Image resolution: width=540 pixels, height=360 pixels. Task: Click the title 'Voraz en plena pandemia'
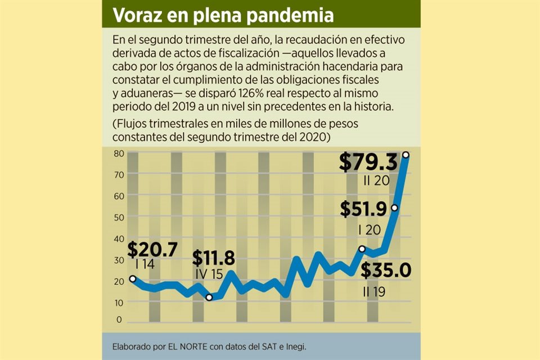pos(222,15)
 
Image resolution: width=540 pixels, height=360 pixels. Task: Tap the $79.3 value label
pos(368,163)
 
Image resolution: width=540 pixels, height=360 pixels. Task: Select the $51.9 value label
pos(363,210)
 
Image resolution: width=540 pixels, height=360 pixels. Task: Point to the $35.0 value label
pos(386,271)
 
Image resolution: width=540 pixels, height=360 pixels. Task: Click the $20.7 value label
pos(152,248)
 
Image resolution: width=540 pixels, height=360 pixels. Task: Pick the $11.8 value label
pos(213,258)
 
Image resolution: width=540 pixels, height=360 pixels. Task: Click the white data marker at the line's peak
pos(406,155)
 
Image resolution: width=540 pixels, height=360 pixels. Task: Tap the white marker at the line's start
pos(133,278)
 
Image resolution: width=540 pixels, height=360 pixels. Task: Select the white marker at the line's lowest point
pos(209,298)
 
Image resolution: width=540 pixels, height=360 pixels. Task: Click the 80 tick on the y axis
pos(118,154)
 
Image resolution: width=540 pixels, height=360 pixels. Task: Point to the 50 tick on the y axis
pos(118,217)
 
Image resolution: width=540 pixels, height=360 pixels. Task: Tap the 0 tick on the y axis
pos(119,319)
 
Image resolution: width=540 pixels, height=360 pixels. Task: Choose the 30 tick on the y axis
pos(118,260)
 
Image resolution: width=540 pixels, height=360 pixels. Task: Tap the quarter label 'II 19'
pos(374,292)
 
